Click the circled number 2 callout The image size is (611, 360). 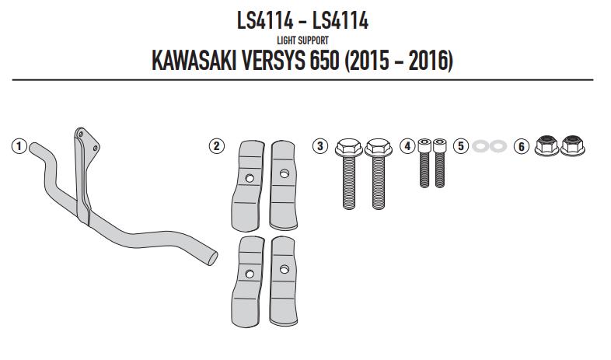pos(216,145)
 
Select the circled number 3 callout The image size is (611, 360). pos(319,145)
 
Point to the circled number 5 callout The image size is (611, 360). pos(460,145)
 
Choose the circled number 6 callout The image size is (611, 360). pos(520,145)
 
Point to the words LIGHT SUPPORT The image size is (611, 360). pos(302,40)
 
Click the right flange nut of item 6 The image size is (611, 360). pos(573,145)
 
